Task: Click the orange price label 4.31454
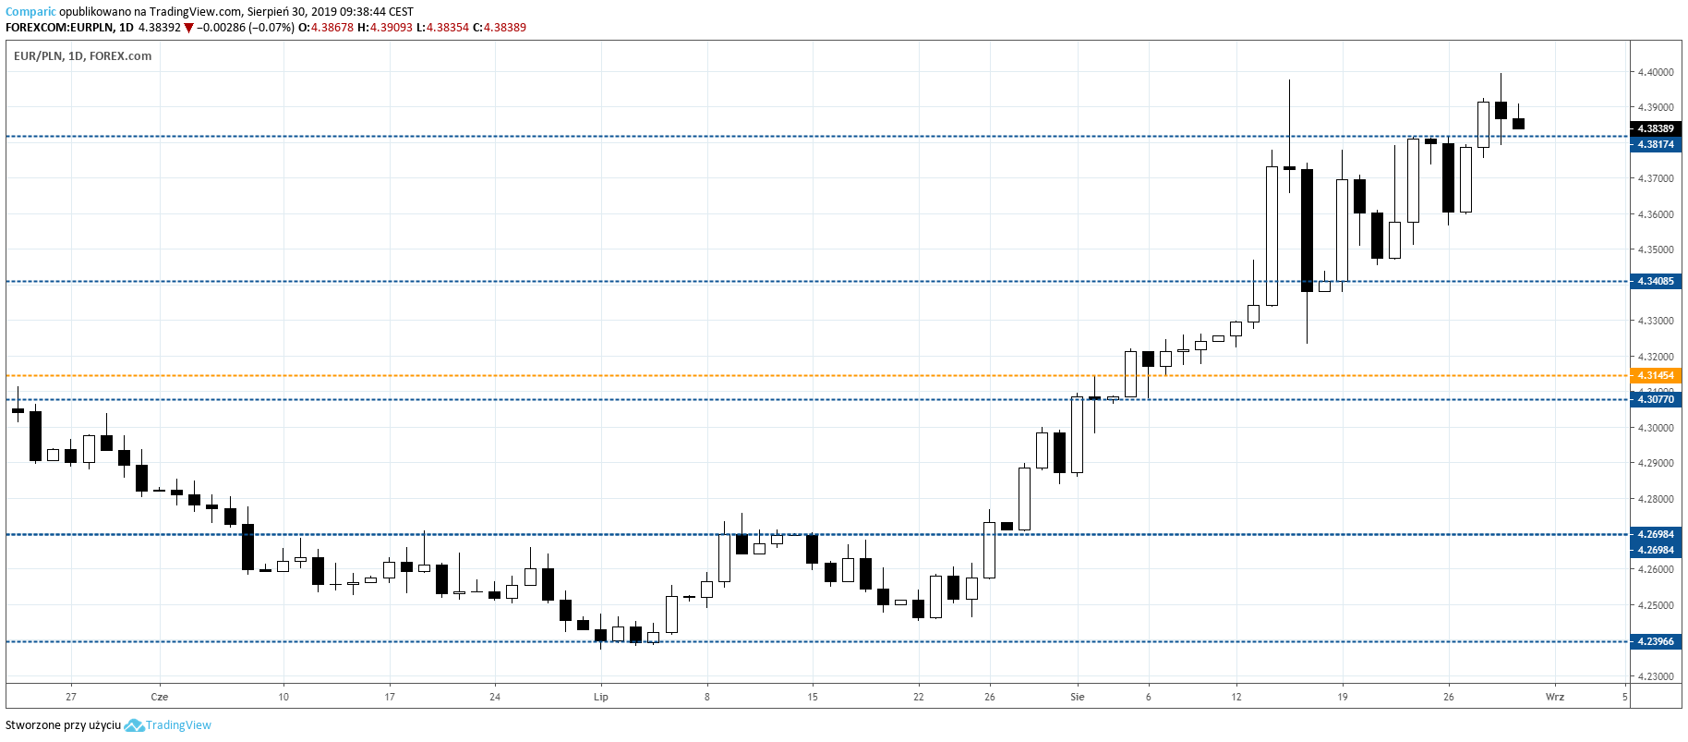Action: tap(1655, 375)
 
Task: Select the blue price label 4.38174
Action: tap(1655, 144)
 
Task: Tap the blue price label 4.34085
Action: tap(1655, 281)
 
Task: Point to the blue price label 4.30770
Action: tap(1655, 399)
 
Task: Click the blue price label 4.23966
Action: tap(1655, 641)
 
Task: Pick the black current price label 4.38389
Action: tap(1655, 128)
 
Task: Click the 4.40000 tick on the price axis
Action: tap(1655, 72)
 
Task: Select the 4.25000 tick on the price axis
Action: tap(1655, 605)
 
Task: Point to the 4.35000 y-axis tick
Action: tap(1655, 249)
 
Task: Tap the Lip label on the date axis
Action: tap(601, 697)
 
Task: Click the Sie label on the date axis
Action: tap(1077, 697)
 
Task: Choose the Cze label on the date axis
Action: tap(160, 697)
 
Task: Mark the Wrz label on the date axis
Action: tap(1555, 697)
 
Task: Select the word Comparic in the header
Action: tap(30, 12)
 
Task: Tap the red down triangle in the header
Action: tap(188, 28)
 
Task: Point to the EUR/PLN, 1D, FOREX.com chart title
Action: tap(82, 56)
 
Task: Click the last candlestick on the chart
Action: tap(1518, 123)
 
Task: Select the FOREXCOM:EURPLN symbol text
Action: tap(60, 28)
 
